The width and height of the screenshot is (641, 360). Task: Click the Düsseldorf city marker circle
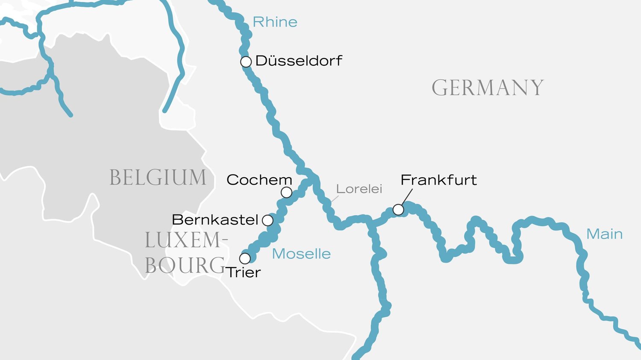pos(246,62)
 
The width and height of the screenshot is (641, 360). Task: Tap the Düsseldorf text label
pos(299,61)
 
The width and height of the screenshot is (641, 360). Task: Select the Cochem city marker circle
pos(286,193)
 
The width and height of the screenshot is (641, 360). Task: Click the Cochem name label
pos(259,180)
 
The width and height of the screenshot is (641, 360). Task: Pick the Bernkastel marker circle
pos(268,220)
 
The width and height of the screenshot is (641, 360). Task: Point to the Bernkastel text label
pos(215,220)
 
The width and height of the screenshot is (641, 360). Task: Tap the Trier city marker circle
pos(245,258)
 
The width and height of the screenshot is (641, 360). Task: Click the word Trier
pos(244,272)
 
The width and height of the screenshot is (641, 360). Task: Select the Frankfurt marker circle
pos(398,210)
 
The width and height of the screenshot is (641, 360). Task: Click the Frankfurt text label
pos(438,180)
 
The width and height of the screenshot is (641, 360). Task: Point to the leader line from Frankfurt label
pos(407,197)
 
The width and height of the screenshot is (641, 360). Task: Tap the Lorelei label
pos(359,189)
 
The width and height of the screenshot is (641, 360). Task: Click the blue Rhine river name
pos(275,22)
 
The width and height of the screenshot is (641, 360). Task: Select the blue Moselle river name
pos(301,254)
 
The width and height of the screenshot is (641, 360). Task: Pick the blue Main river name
pos(604,234)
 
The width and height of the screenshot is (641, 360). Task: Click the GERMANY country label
pos(488,88)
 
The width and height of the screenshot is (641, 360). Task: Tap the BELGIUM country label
pos(158,178)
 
